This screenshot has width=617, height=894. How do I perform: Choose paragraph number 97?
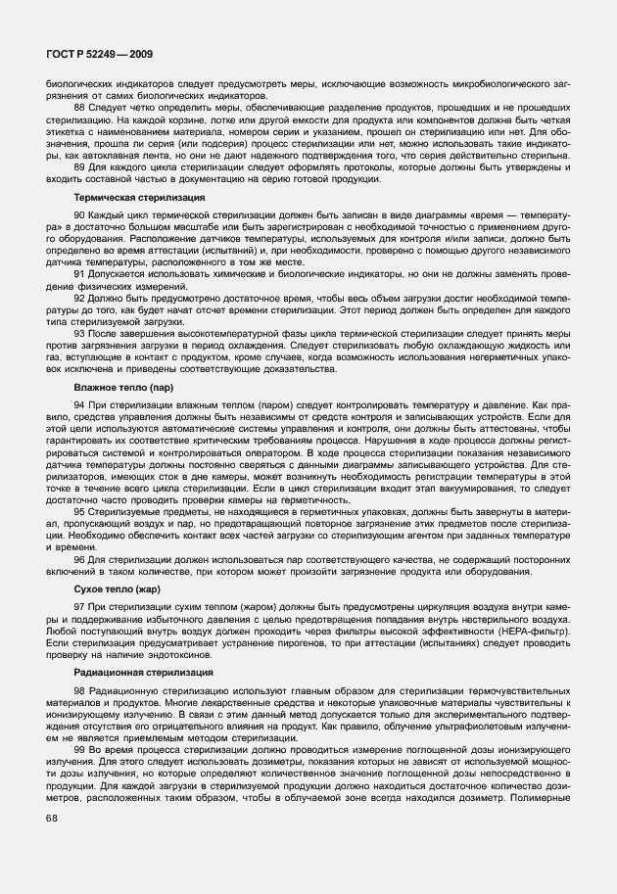point(79,606)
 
